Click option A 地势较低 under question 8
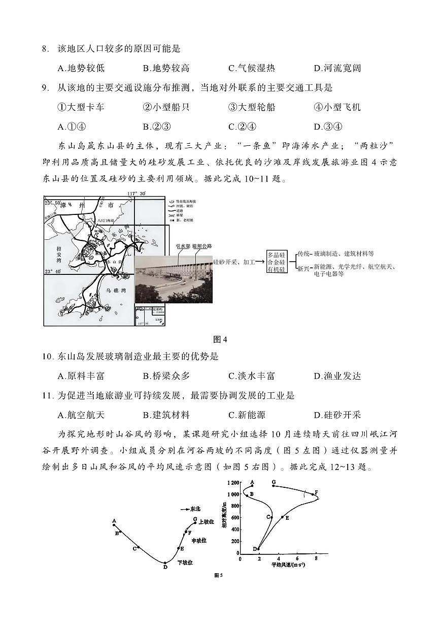click(81, 68)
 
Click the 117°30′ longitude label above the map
click(137, 194)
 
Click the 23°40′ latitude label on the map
click(54, 271)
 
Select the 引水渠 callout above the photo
click(182, 246)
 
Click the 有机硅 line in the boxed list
click(277, 269)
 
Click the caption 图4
click(220, 339)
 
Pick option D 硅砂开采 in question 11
click(337, 415)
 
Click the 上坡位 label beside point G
click(207, 521)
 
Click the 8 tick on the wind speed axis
click(316, 558)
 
